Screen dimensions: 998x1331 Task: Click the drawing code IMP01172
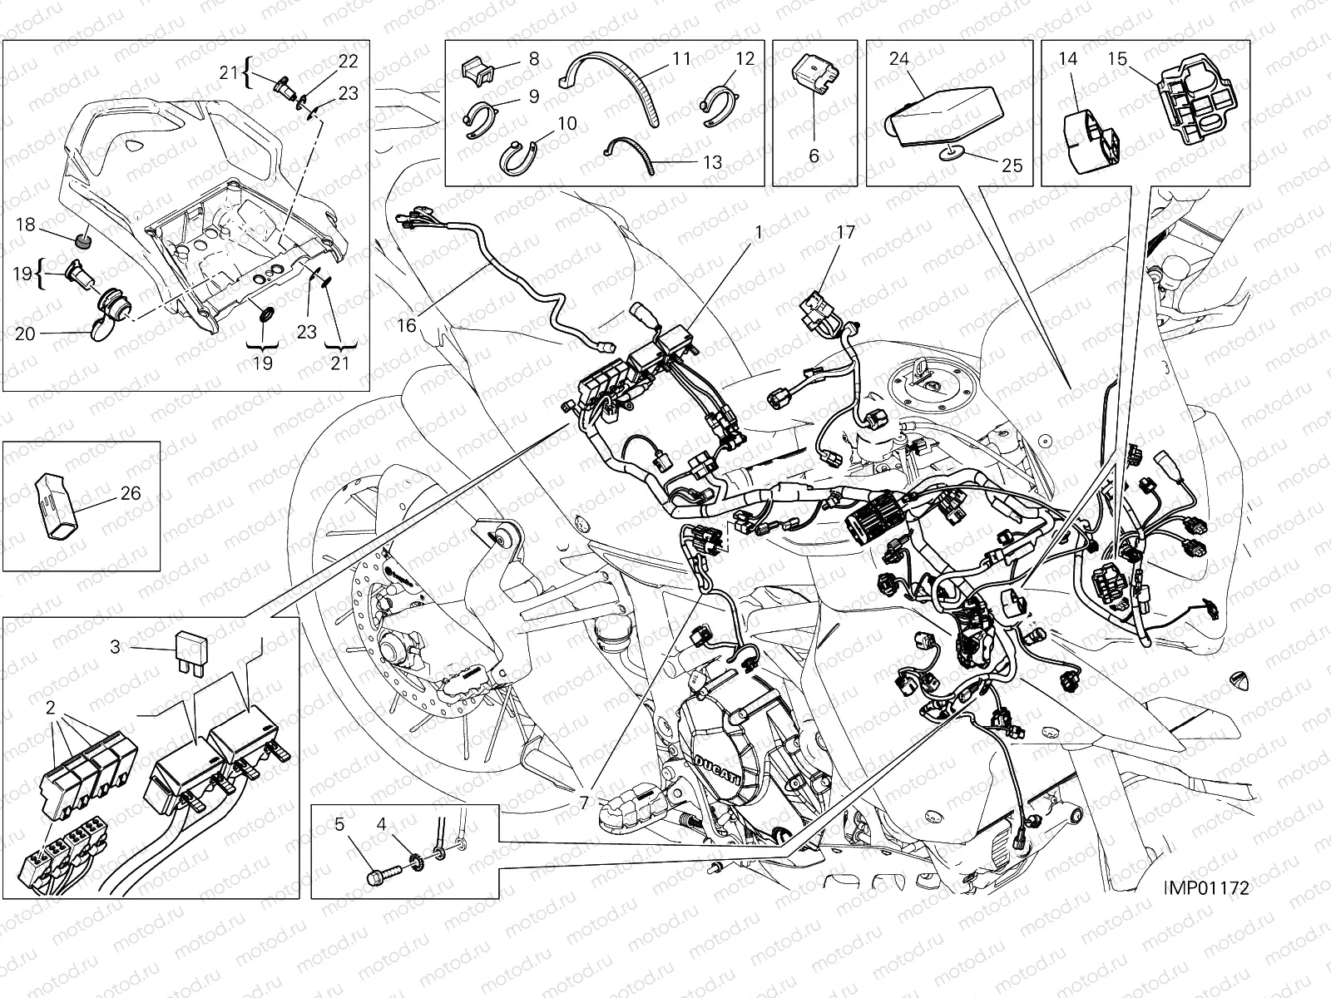click(1206, 887)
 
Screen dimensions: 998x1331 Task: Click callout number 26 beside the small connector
click(130, 493)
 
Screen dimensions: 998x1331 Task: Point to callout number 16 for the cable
click(406, 325)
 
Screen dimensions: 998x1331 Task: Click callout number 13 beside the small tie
click(713, 161)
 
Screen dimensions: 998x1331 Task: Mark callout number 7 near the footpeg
click(585, 803)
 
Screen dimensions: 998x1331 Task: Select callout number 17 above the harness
click(844, 232)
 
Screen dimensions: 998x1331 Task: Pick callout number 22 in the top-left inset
click(348, 60)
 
